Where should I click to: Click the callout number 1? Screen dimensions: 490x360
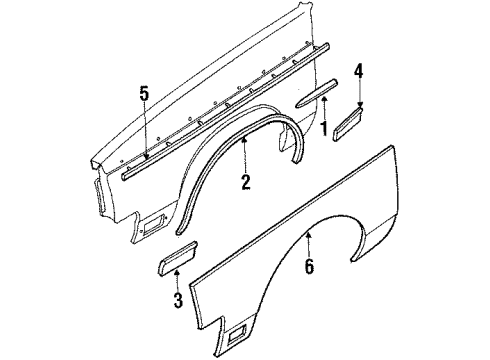(x=323, y=127)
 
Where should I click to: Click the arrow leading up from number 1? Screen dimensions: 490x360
(x=323, y=108)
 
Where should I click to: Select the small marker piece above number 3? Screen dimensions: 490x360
(x=167, y=264)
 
